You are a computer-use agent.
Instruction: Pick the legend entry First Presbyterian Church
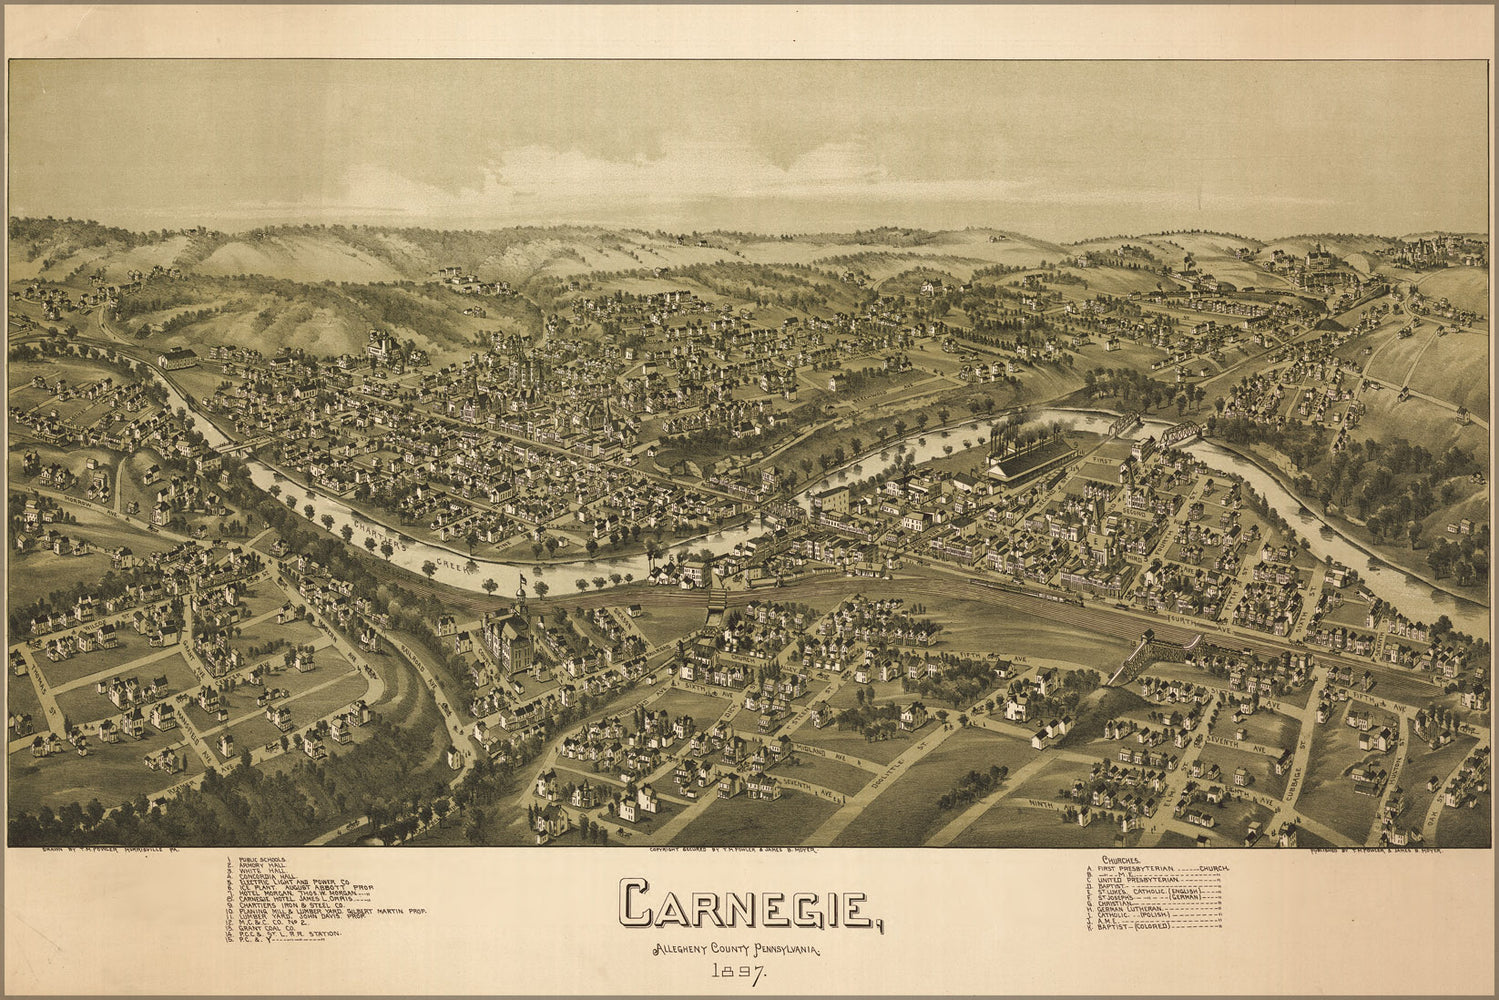[1160, 869]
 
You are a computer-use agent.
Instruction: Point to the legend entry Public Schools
[260, 859]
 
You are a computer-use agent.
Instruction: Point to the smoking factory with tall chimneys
[1030, 455]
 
